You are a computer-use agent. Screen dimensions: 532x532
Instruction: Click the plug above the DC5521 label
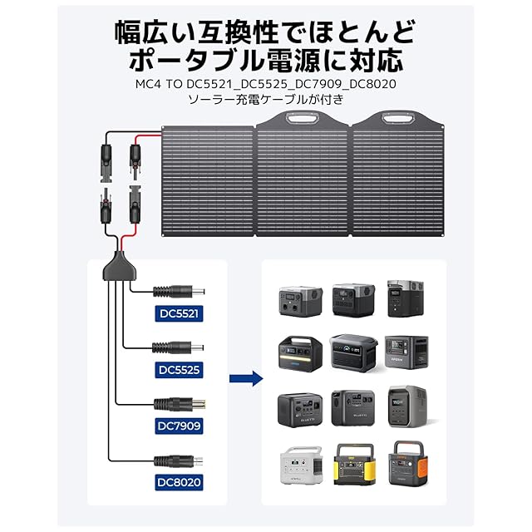tap(178, 292)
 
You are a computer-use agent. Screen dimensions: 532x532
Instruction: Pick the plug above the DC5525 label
tap(178, 347)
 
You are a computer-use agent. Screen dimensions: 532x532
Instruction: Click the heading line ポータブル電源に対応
tap(265, 58)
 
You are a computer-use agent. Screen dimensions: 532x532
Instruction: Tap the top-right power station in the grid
tap(407, 298)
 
